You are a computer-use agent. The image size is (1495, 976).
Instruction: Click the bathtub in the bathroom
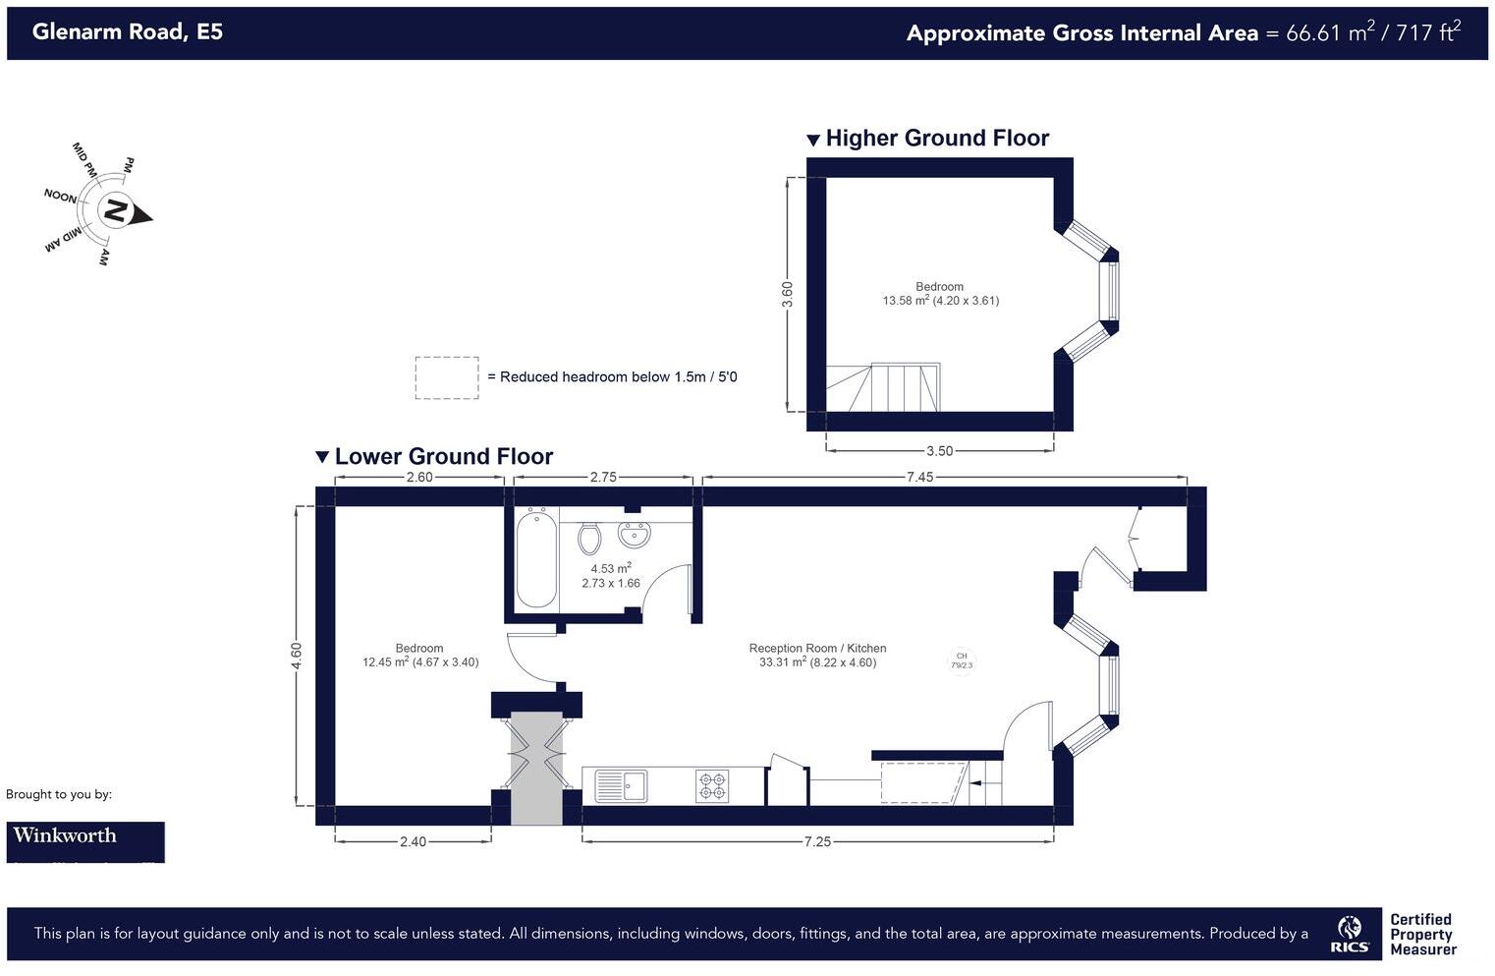[x=536, y=558]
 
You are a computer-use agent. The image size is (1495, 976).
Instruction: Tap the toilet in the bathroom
[x=589, y=539]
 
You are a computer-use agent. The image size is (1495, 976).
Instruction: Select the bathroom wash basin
[x=634, y=536]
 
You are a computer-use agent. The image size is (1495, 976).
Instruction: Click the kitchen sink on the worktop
[x=621, y=786]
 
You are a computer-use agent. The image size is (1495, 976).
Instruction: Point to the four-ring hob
[x=713, y=786]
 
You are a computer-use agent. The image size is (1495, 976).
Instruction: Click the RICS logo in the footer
[x=1350, y=935]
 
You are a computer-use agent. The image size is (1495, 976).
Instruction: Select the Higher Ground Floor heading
[x=937, y=139]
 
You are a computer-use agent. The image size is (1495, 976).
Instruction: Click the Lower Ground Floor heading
[x=443, y=457]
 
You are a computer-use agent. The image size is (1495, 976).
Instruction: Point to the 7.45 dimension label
[x=919, y=478]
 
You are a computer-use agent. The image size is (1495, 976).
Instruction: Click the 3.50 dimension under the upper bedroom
[x=939, y=451]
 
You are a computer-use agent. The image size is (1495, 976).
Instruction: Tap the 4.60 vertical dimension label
[x=297, y=656]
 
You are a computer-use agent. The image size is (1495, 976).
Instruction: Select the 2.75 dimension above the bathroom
[x=603, y=478]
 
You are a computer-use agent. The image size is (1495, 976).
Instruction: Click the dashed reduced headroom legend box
[x=447, y=377]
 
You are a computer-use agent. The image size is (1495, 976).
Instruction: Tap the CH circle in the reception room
[x=962, y=660]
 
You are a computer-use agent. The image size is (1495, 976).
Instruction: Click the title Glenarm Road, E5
[x=128, y=31]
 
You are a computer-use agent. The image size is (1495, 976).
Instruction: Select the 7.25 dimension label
[x=817, y=842]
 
